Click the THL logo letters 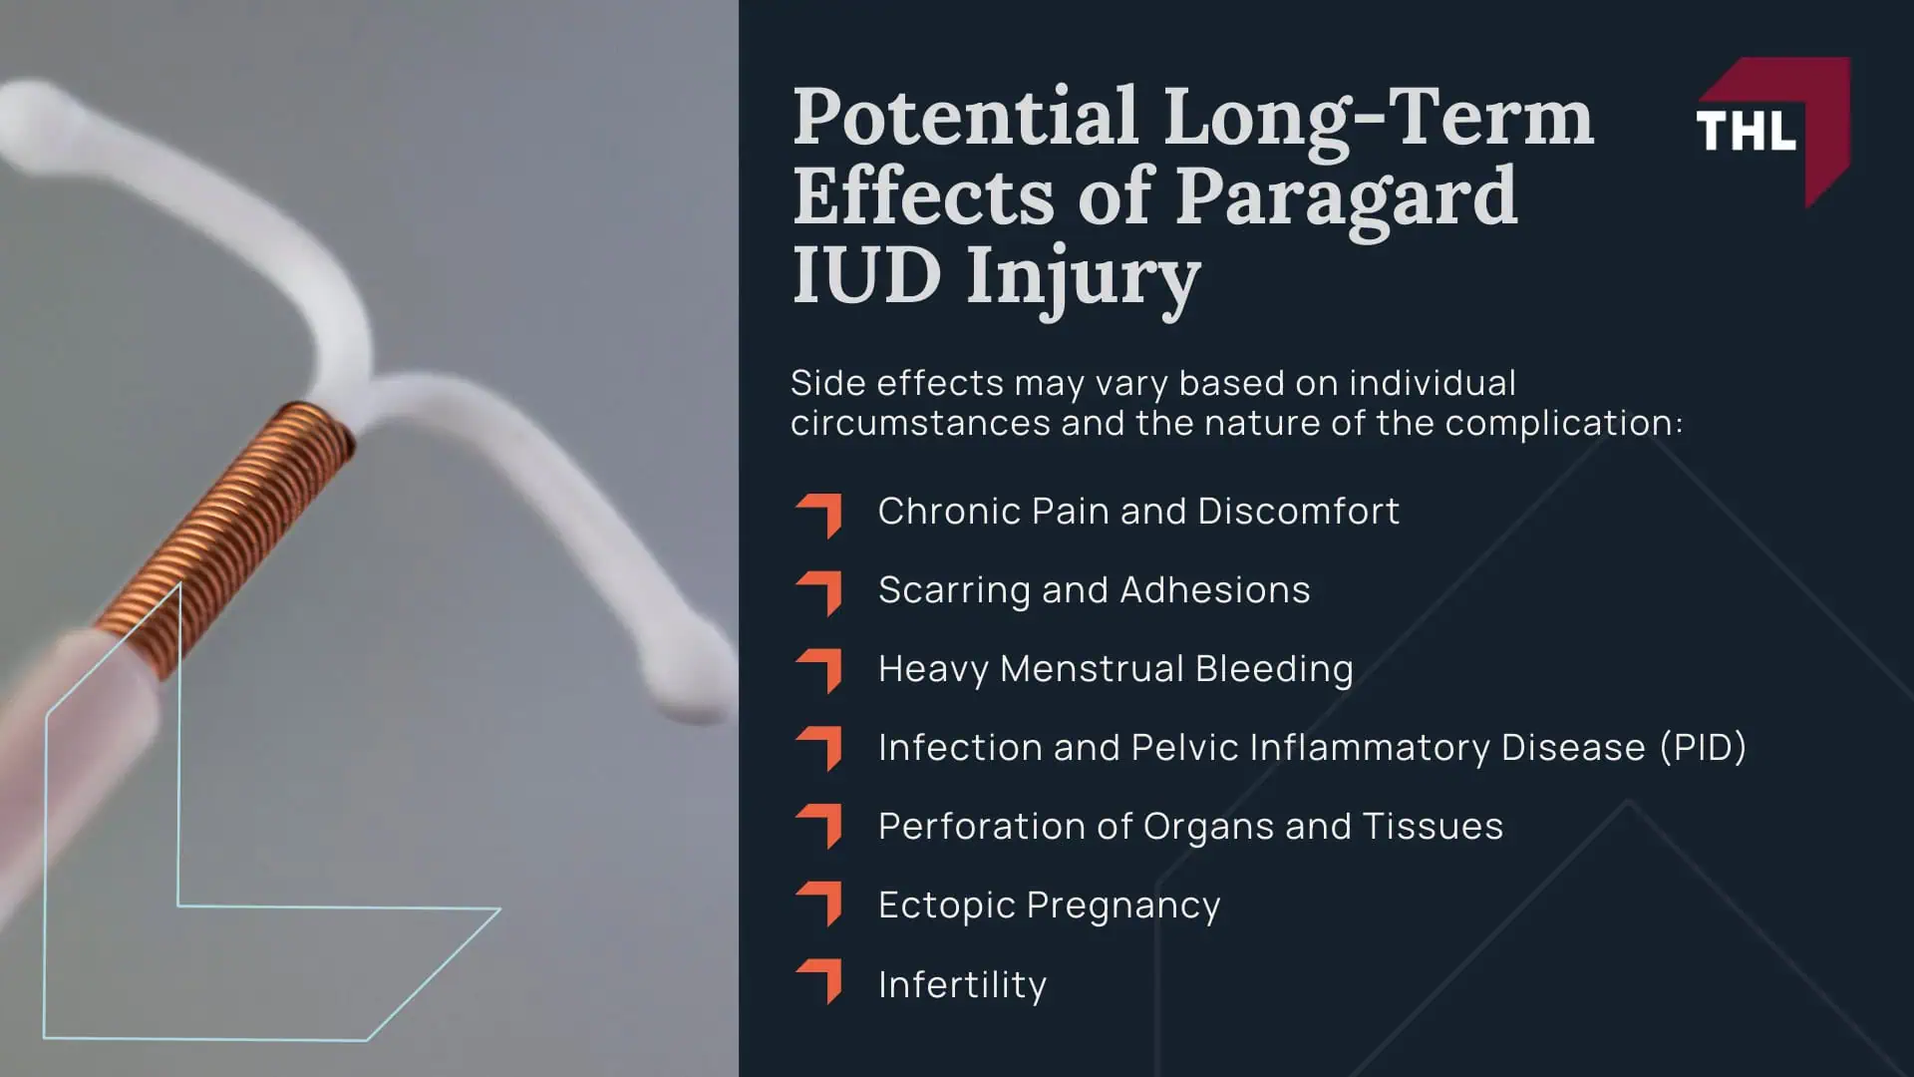tap(1746, 131)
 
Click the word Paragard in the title tap(1346, 196)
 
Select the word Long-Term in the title tap(1379, 117)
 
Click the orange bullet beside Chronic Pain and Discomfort tap(820, 514)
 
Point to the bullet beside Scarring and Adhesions tap(820, 592)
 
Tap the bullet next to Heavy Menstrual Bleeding tap(820, 671)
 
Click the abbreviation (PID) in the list tap(1703, 748)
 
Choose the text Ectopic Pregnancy tap(1049, 905)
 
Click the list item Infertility tap(962, 985)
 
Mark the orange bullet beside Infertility tap(820, 981)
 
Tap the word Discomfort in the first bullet tap(1298, 512)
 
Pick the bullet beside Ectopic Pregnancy tap(820, 902)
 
